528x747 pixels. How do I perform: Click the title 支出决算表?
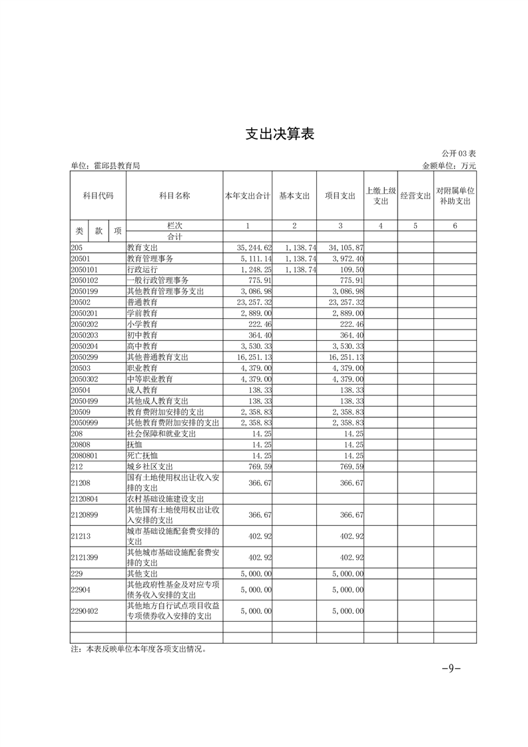coord(279,134)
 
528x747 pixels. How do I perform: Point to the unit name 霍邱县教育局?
coord(105,166)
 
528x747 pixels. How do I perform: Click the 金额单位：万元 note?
coord(449,166)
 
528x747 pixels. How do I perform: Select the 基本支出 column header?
coord(294,196)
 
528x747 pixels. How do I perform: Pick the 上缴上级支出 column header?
coord(381,196)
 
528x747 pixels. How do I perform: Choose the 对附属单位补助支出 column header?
coord(455,196)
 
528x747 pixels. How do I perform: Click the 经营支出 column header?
coord(415,196)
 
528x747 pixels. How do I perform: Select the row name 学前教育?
coord(142,313)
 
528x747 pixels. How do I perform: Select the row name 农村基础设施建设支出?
coord(165,498)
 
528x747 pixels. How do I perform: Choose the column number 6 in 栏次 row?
coord(455,226)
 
